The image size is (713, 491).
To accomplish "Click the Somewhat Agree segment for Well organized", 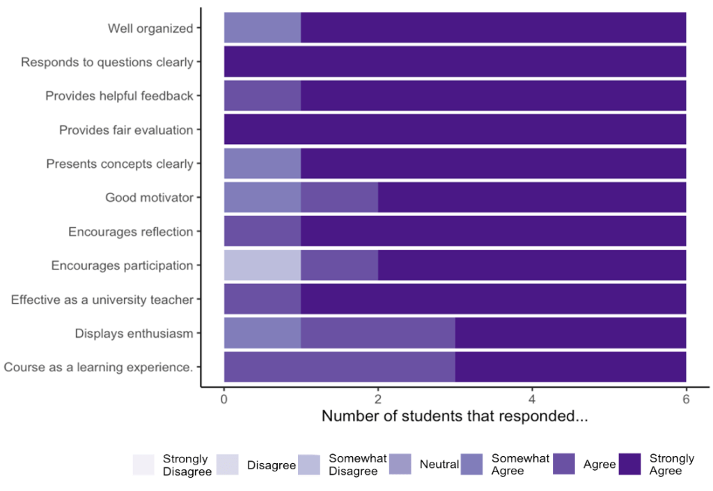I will click(x=263, y=28).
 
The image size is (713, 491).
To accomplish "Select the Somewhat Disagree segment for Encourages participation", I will click(x=263, y=265).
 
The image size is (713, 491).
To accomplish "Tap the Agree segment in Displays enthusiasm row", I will click(x=378, y=334).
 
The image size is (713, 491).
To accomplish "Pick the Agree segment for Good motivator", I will click(x=340, y=198).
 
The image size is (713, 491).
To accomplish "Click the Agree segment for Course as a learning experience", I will click(x=340, y=367).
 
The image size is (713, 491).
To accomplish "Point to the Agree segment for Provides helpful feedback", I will click(x=263, y=95).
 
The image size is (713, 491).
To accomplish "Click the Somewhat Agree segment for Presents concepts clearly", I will click(x=263, y=164).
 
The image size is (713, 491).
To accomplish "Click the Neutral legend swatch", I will click(x=400, y=465).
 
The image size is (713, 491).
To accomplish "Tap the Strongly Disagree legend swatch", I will click(x=143, y=465).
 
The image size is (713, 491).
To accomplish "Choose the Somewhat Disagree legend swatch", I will click(x=308, y=465).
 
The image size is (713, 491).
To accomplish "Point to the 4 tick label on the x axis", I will click(x=532, y=400).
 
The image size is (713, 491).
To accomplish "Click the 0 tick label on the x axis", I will click(x=224, y=400).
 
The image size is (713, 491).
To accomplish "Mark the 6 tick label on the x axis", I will click(x=686, y=400).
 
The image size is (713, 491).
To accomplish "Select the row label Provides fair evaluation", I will click(x=126, y=130).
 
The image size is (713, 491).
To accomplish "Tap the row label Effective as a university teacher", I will click(x=102, y=299).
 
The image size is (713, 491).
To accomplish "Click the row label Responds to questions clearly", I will click(x=107, y=62).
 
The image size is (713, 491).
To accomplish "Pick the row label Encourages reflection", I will click(x=130, y=232).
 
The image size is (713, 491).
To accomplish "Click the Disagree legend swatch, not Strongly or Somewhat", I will click(x=227, y=465).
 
